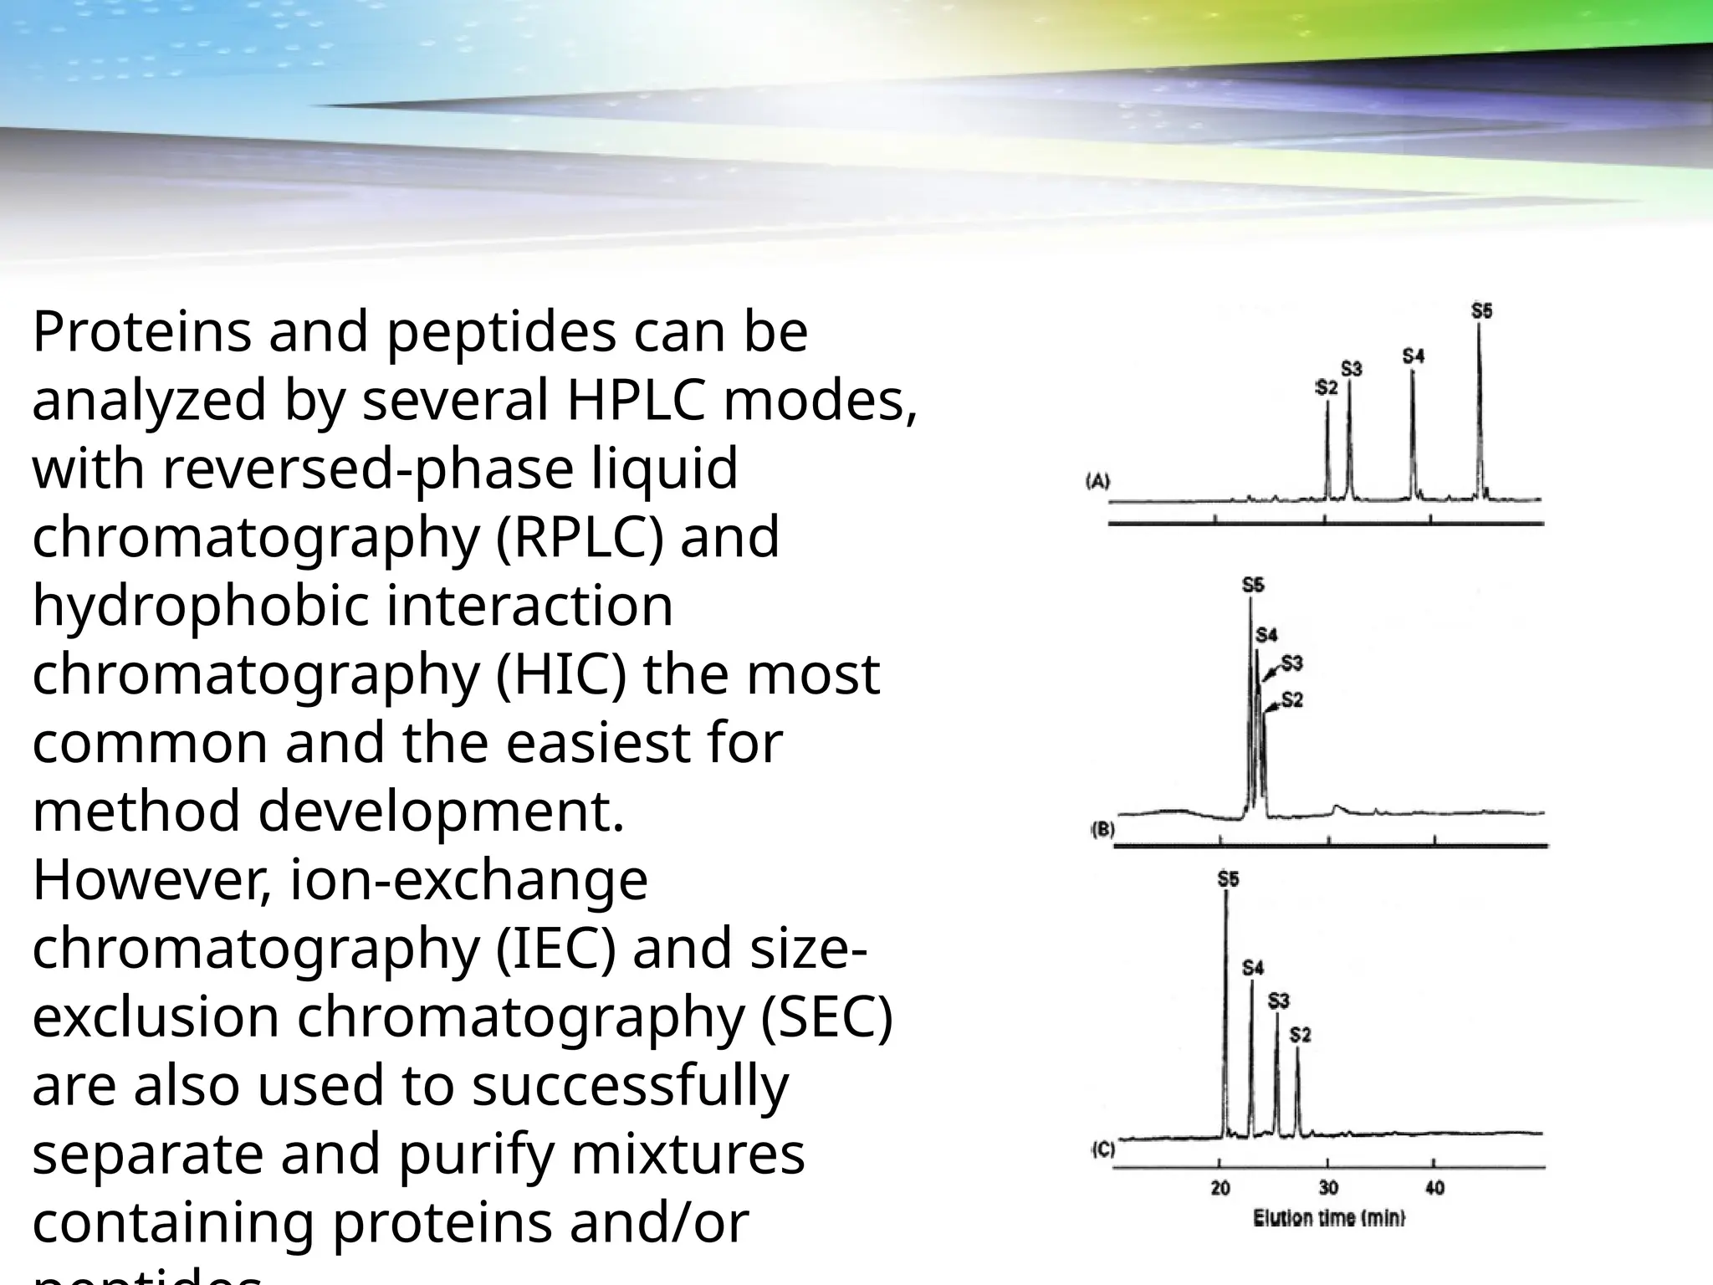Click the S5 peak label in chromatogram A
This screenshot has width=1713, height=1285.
click(1481, 311)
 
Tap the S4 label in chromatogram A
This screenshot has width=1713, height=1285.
click(1413, 356)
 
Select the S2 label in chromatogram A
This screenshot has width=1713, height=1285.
click(1327, 387)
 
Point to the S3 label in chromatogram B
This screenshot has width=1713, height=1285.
click(1291, 663)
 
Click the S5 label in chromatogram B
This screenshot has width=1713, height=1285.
click(1253, 585)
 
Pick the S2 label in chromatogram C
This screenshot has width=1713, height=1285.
click(1300, 1035)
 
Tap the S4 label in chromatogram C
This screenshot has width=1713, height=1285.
click(1252, 968)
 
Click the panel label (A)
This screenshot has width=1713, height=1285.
click(1097, 481)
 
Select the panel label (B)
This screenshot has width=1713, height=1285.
click(1103, 830)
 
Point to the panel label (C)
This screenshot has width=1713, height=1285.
click(1103, 1149)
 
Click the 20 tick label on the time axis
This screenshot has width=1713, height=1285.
click(1220, 1188)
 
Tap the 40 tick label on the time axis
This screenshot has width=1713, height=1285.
click(1434, 1188)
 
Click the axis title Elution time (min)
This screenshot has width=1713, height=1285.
click(1328, 1219)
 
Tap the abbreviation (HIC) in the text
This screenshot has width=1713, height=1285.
click(561, 674)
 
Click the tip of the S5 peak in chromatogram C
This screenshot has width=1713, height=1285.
click(1225, 892)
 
